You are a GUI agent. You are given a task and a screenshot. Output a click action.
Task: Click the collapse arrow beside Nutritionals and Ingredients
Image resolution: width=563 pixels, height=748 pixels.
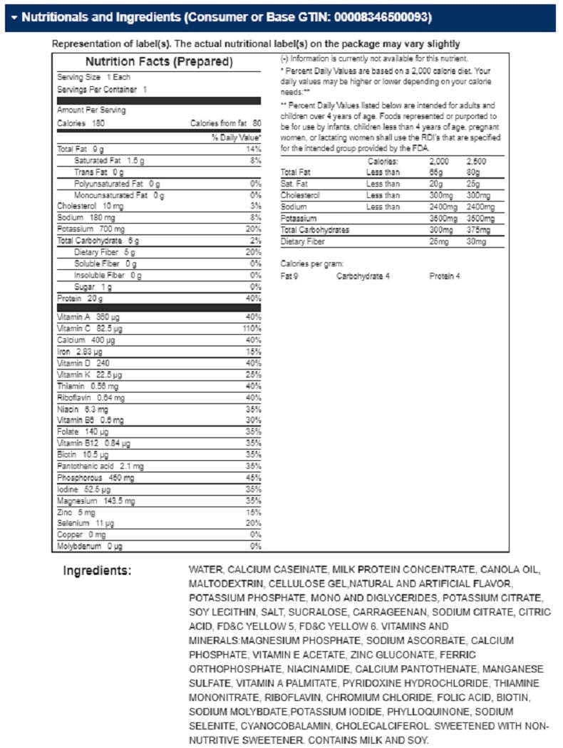(x=14, y=16)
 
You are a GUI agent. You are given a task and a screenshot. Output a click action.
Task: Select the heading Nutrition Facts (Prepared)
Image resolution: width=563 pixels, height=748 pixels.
(x=159, y=62)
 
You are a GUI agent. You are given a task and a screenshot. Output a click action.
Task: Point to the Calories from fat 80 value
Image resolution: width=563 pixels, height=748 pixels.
(x=226, y=123)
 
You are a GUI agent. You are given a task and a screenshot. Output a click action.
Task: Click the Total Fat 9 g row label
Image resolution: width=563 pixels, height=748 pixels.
(x=81, y=149)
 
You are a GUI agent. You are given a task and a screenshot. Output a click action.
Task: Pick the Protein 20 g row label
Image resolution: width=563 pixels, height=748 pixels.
(x=80, y=298)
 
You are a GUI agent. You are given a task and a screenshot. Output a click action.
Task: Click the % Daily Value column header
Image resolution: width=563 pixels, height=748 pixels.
(x=237, y=137)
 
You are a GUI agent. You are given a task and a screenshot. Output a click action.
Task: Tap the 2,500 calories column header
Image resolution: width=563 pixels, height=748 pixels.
(x=475, y=162)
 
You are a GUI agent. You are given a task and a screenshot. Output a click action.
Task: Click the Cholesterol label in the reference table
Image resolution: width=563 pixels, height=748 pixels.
(x=301, y=195)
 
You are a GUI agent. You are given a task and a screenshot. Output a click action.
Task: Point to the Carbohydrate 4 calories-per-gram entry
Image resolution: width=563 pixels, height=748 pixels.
(x=363, y=276)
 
